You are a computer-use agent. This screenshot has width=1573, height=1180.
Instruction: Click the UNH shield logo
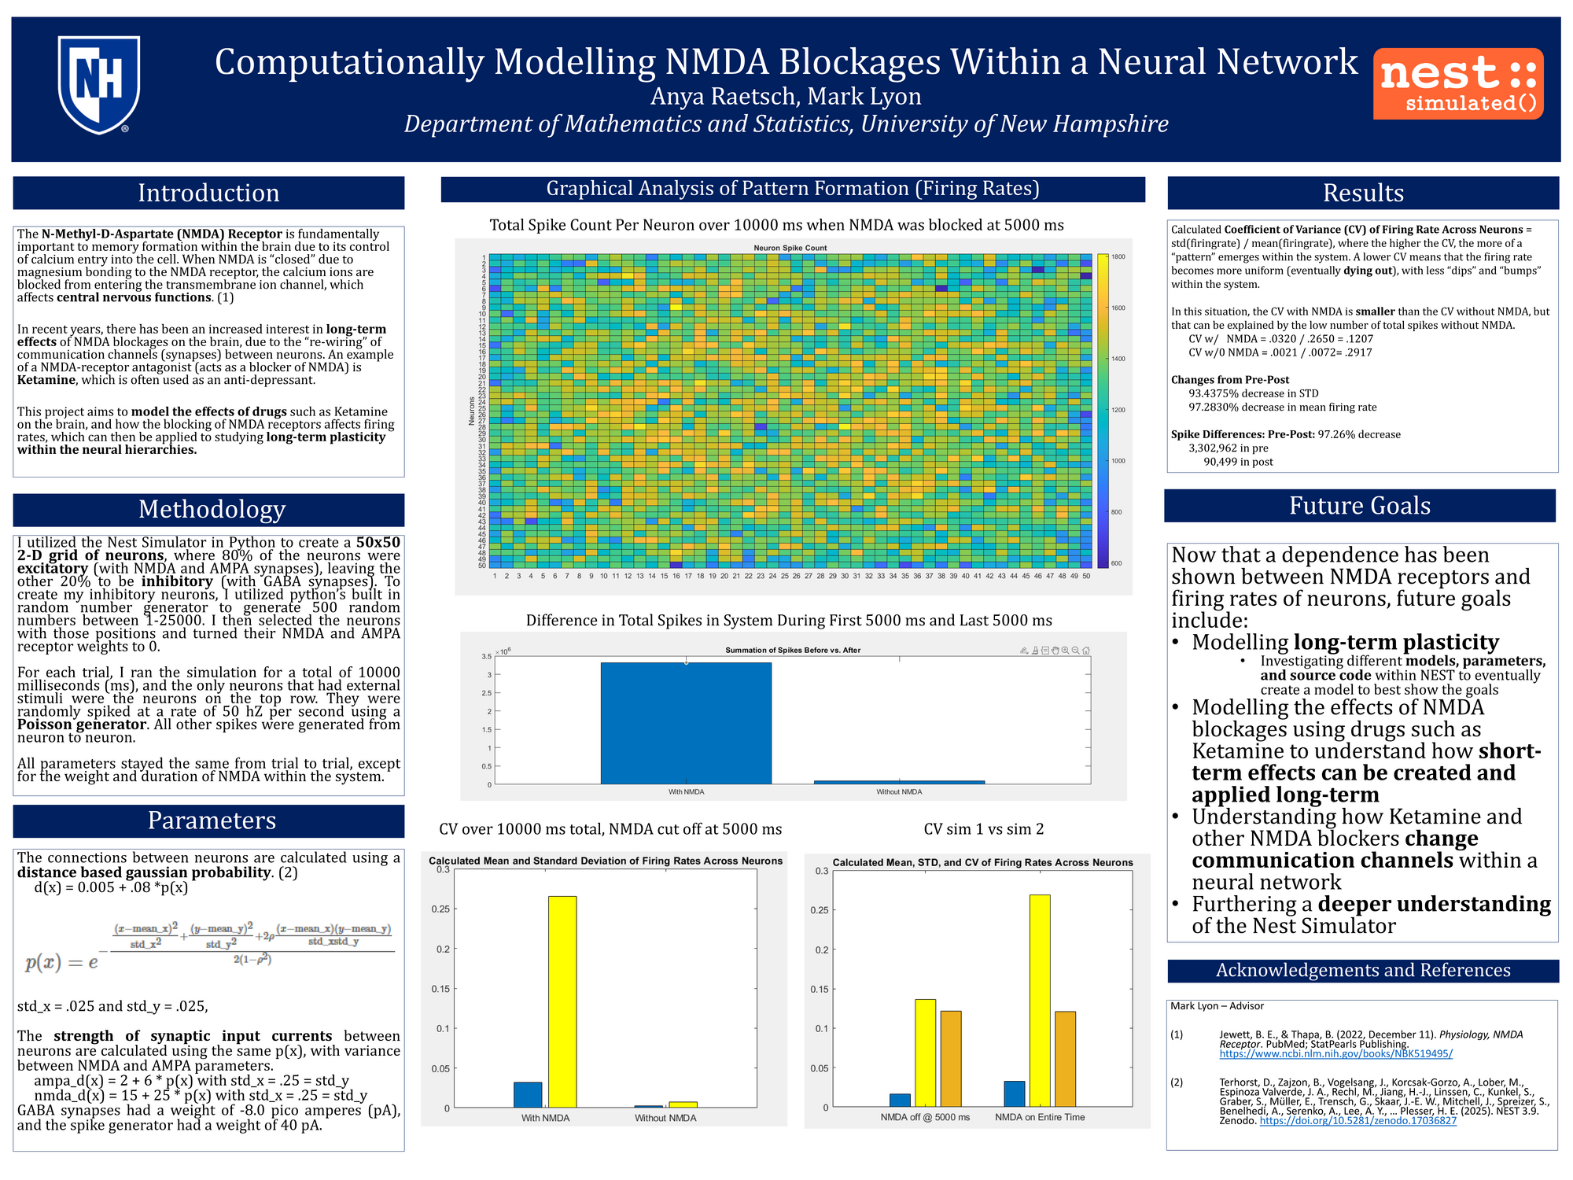[x=99, y=84]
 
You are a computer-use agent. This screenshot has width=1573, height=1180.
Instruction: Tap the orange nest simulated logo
[x=1458, y=83]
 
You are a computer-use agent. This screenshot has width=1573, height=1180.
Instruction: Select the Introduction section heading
[x=208, y=193]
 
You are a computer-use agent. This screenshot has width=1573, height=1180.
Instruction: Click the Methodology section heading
[x=212, y=509]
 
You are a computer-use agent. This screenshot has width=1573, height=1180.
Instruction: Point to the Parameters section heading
[x=212, y=820]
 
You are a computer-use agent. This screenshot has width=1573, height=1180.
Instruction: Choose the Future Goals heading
[x=1359, y=506]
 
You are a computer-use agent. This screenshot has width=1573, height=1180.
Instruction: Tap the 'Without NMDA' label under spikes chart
[x=899, y=792]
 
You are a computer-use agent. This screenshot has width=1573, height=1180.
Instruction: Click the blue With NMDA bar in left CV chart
[x=528, y=1094]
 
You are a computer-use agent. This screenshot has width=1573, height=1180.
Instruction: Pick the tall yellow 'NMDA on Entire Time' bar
[x=1039, y=1000]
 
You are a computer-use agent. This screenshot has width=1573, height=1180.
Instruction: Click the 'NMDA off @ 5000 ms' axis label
[x=925, y=1117]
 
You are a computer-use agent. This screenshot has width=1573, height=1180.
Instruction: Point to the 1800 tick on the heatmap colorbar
[x=1118, y=257]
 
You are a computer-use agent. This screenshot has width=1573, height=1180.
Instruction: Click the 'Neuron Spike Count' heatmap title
[x=790, y=248]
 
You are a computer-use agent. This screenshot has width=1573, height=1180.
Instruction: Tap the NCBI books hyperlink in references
[x=1335, y=1053]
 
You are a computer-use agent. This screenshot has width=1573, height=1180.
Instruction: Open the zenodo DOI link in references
[x=1357, y=1121]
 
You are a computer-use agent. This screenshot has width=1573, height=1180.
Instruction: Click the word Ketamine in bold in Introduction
[x=46, y=380]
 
